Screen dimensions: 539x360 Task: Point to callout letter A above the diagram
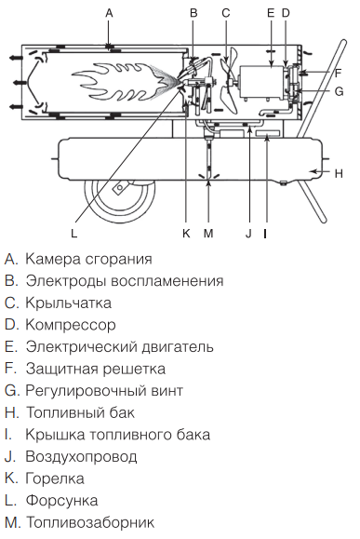click(109, 12)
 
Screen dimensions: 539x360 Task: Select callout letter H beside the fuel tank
click(339, 173)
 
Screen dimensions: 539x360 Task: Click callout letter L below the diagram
click(74, 234)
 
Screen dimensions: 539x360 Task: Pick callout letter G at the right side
click(339, 91)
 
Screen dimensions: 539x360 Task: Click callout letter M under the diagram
click(207, 234)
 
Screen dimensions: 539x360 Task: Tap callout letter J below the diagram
click(248, 234)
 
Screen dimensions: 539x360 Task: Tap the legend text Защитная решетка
click(93, 369)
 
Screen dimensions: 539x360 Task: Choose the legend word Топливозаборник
click(85, 523)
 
